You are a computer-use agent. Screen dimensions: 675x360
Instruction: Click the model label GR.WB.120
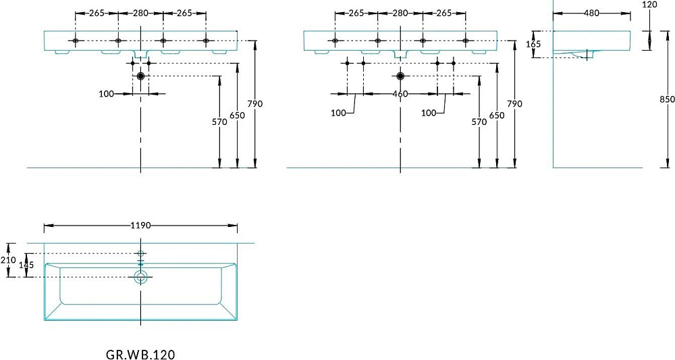click(x=140, y=355)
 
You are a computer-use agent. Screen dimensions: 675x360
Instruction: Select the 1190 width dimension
click(x=140, y=225)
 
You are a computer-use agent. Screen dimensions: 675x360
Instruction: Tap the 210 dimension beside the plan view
click(x=9, y=260)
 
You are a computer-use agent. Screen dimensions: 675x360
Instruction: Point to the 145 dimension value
click(x=26, y=265)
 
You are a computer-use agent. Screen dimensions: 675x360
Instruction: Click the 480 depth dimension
click(x=591, y=13)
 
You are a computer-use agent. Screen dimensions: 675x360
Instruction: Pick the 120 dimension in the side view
click(x=649, y=5)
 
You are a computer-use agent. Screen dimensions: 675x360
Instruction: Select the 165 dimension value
click(x=533, y=44)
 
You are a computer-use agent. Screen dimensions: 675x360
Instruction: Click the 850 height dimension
click(x=668, y=99)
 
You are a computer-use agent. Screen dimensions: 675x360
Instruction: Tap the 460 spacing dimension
click(x=400, y=94)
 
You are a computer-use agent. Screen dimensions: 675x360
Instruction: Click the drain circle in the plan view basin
click(x=140, y=277)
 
